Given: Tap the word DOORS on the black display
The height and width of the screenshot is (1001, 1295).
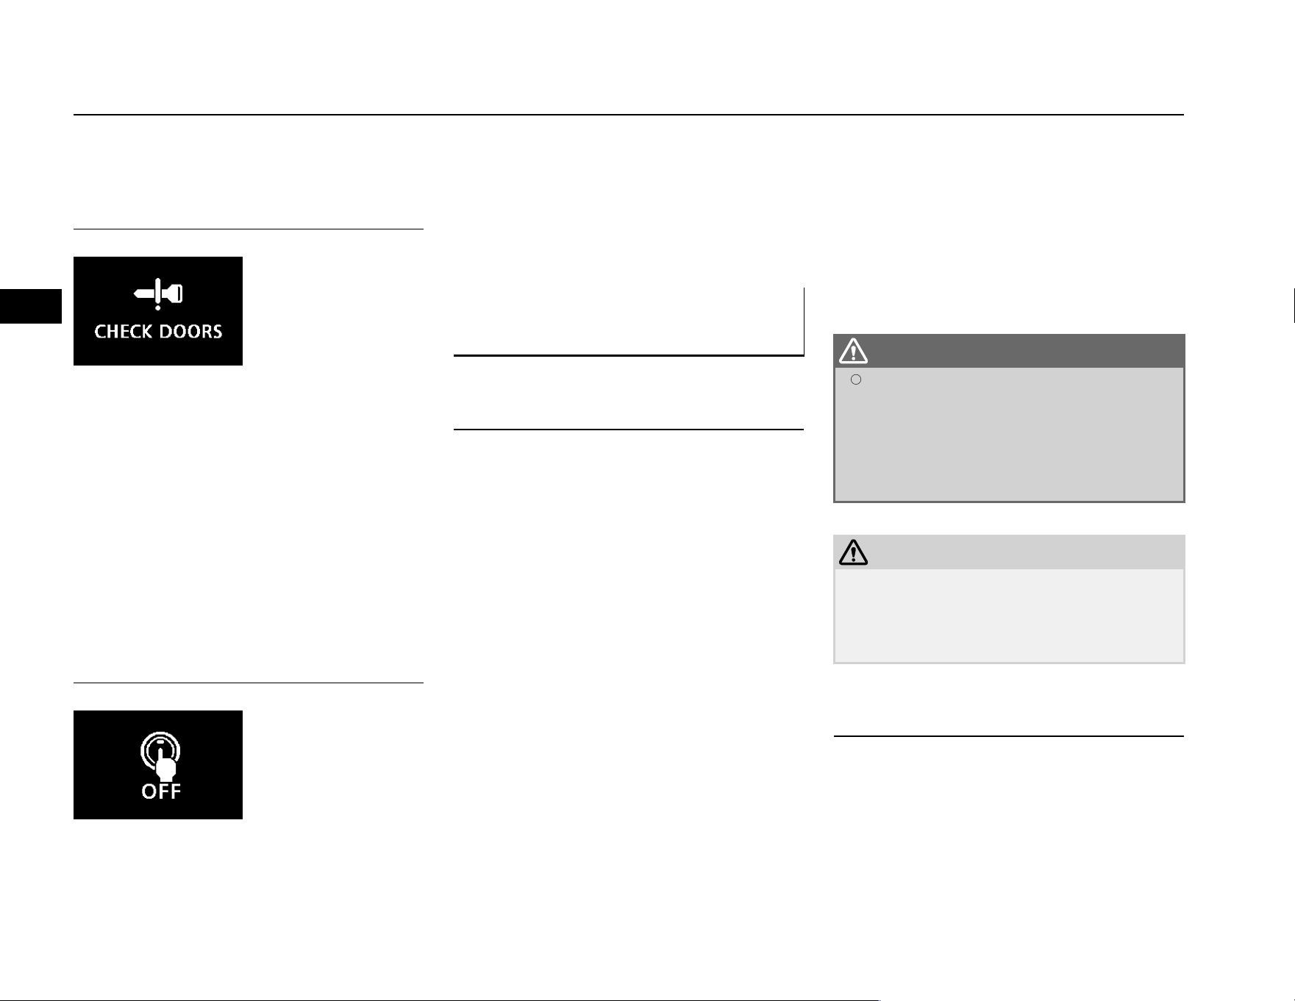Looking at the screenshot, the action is click(188, 332).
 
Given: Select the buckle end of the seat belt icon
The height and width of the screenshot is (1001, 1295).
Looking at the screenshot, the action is click(174, 294).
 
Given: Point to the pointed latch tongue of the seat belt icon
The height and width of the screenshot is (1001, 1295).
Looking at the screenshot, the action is click(143, 294).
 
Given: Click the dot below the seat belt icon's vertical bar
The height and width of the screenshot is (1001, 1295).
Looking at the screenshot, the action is click(157, 307).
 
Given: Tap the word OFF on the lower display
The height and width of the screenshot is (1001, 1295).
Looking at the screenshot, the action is click(161, 791).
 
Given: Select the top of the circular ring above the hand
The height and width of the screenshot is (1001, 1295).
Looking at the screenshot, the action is click(160, 734).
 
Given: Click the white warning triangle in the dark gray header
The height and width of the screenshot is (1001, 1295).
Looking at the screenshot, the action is click(853, 352).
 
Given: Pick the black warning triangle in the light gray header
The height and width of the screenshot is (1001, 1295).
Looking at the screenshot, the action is click(853, 552).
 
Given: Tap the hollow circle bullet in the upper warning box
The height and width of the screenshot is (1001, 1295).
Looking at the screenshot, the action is click(856, 380).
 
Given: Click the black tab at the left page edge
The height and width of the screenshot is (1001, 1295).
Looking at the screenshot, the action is click(31, 306).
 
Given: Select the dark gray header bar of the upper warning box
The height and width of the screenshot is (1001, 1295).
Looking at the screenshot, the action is click(1009, 352).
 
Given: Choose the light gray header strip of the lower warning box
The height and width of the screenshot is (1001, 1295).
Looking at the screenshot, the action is click(1009, 552).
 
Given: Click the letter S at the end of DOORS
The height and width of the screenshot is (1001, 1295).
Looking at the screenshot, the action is click(217, 332).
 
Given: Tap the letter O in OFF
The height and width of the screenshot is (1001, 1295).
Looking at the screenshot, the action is click(149, 791).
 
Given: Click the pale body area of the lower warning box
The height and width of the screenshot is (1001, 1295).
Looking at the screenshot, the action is click(1009, 616).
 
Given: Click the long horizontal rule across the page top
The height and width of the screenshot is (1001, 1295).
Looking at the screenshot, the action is click(629, 115).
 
